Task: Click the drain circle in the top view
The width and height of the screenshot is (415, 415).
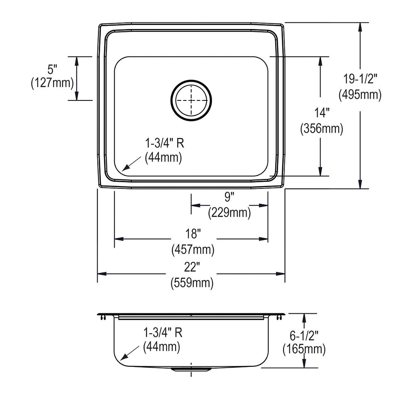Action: [191, 100]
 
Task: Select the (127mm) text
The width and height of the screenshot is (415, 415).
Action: [52, 83]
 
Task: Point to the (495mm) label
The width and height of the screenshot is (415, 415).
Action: [360, 95]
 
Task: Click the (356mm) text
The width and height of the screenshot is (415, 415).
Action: [322, 129]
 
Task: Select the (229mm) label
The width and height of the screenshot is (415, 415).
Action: [229, 212]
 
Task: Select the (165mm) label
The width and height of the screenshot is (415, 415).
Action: [304, 349]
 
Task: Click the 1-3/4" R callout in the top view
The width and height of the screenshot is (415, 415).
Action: [164, 144]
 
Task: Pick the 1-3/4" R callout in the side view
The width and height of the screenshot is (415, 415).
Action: [163, 332]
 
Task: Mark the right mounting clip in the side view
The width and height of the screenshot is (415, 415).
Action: [278, 317]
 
